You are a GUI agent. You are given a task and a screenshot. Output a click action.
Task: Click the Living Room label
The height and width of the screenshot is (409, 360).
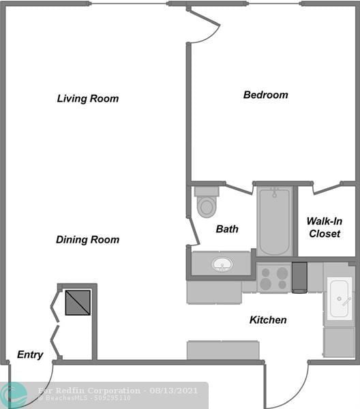click(x=87, y=99)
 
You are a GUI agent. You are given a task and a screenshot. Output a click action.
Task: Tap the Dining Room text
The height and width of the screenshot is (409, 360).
click(x=87, y=240)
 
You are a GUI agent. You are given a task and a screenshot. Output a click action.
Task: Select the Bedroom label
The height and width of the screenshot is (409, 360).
click(x=265, y=95)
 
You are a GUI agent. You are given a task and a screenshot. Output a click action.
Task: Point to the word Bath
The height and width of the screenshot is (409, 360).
click(x=227, y=229)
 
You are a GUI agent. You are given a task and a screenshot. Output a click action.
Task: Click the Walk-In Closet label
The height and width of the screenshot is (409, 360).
click(x=324, y=228)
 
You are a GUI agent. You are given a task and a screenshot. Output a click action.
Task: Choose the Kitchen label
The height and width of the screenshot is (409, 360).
click(x=267, y=320)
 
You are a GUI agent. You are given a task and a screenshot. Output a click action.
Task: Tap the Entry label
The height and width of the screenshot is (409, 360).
click(x=30, y=354)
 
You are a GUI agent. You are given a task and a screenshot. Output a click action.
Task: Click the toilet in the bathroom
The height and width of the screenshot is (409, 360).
click(x=206, y=202)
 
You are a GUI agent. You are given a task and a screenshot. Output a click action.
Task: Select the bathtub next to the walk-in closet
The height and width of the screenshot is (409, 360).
click(x=275, y=222)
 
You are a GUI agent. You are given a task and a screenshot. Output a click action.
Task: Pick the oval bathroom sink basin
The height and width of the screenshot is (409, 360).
click(x=222, y=264)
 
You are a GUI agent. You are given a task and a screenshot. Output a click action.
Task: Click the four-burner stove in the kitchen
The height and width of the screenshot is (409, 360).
click(x=274, y=278)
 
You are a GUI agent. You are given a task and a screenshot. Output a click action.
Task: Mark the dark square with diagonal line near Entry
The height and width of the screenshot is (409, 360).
click(x=77, y=302)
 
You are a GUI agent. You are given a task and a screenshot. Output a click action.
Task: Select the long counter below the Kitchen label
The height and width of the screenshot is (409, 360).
click(x=223, y=350)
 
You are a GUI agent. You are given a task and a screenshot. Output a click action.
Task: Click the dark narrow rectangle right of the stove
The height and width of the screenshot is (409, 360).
click(x=299, y=277)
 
